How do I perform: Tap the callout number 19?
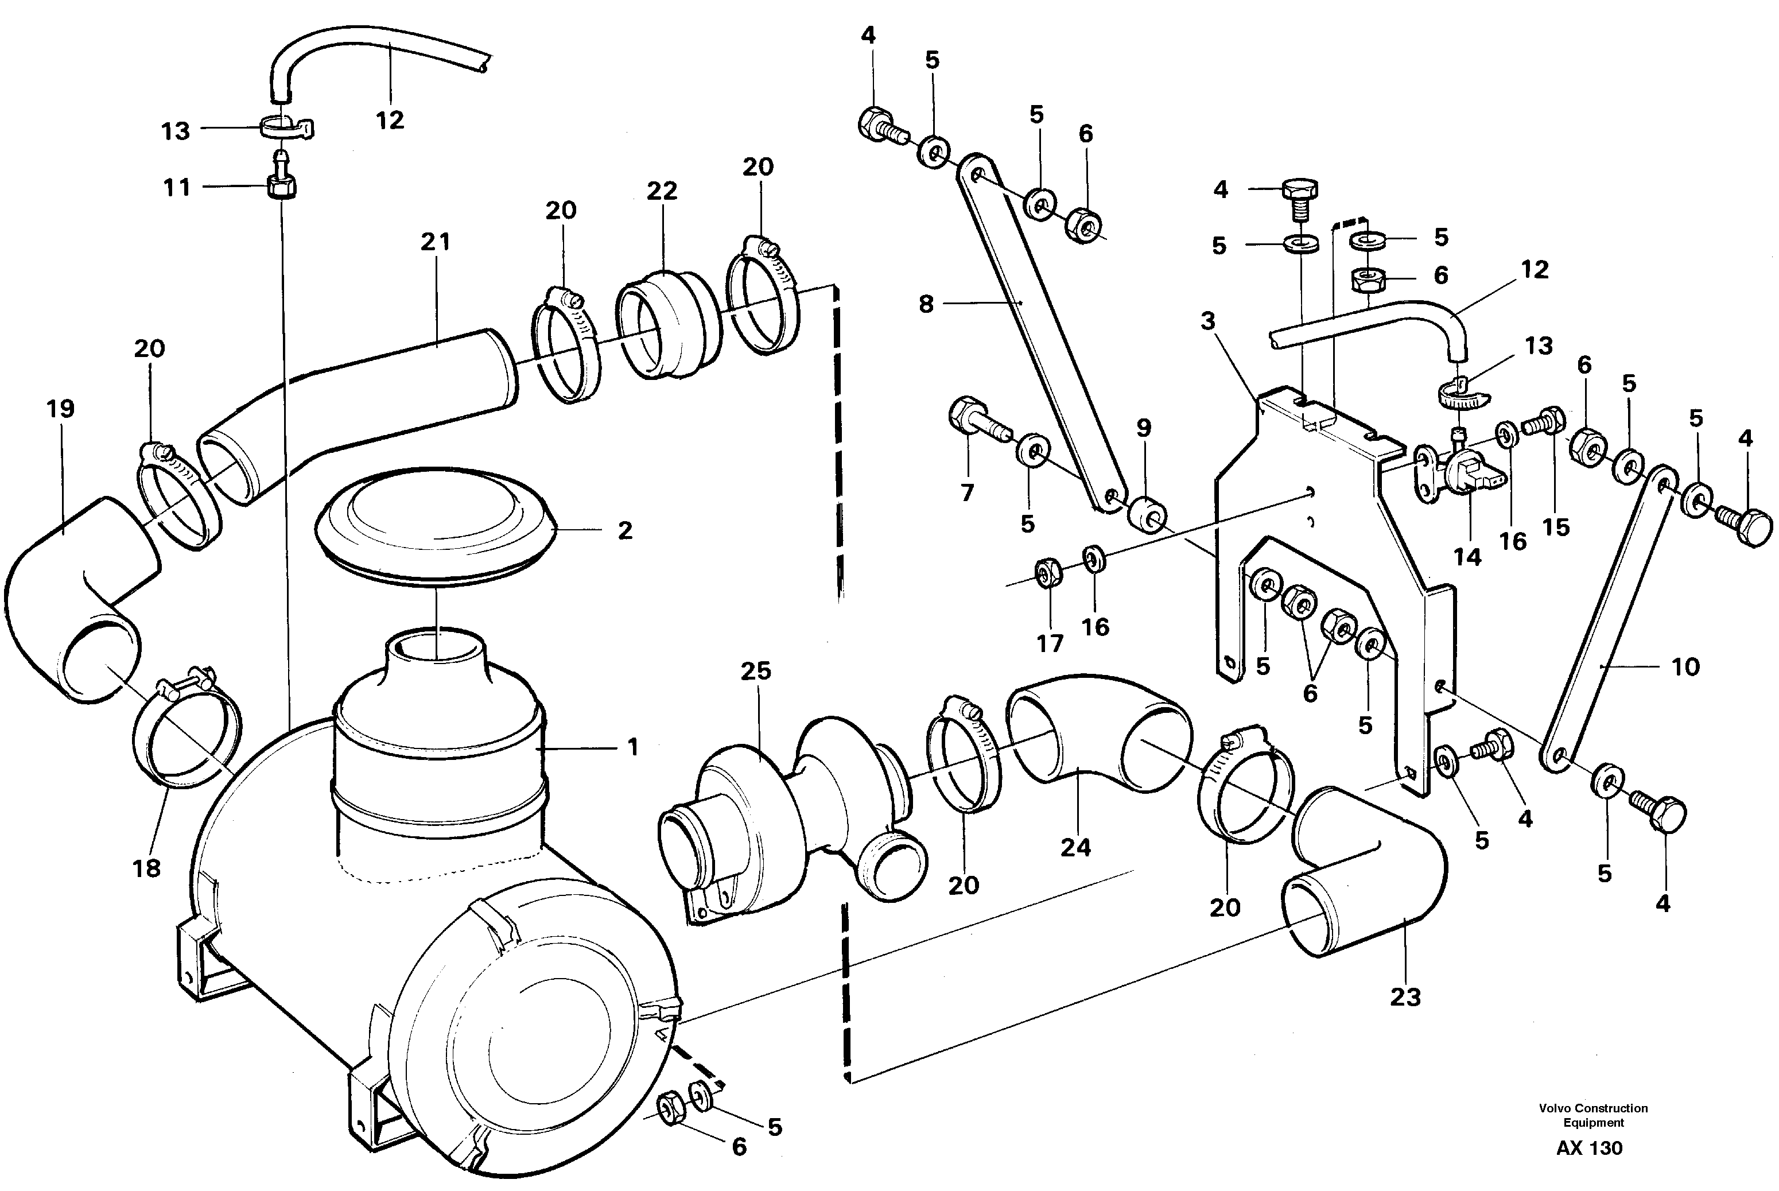coord(60,409)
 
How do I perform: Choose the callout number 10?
coord(1685,667)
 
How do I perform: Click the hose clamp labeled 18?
coord(186,731)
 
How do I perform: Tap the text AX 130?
coord(1588,1148)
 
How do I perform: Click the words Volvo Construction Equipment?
coord(1593,1115)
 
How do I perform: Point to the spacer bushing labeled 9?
coord(1148,516)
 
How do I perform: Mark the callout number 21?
coord(435,242)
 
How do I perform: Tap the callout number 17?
coord(1050,643)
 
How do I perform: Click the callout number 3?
coord(1207,321)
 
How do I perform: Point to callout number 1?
coord(632,747)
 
